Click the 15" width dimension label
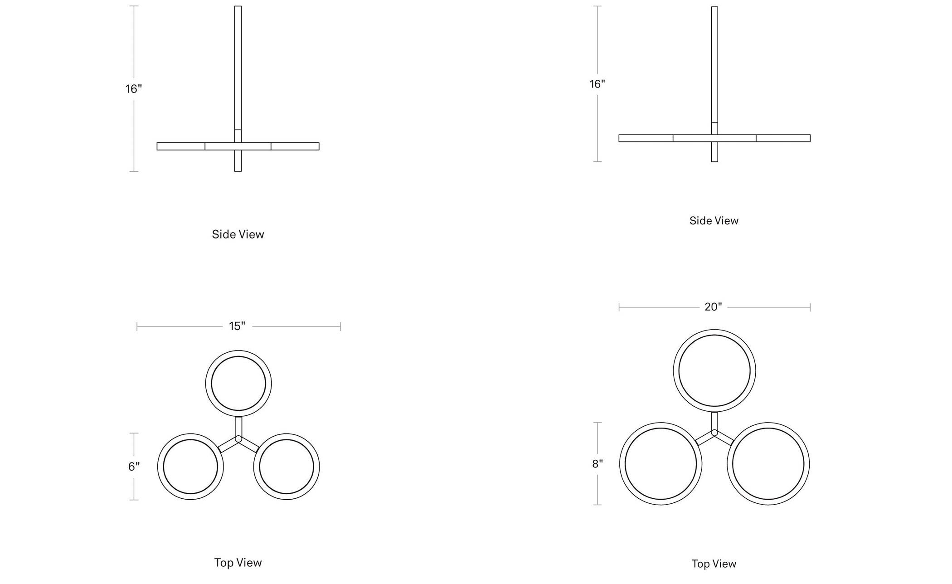click(x=237, y=326)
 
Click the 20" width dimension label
click(x=713, y=307)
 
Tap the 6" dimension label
click(x=134, y=467)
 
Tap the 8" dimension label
click(x=597, y=464)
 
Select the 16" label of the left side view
click(x=134, y=89)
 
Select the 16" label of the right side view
click(x=597, y=84)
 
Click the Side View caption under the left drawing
click(x=238, y=234)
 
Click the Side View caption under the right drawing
click(x=714, y=221)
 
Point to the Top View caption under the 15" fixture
click(x=238, y=563)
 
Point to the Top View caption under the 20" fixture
click(x=714, y=564)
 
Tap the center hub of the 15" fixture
click(x=238, y=439)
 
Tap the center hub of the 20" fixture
click(x=714, y=433)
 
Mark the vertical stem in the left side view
click(x=238, y=89)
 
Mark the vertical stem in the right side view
click(x=715, y=84)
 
